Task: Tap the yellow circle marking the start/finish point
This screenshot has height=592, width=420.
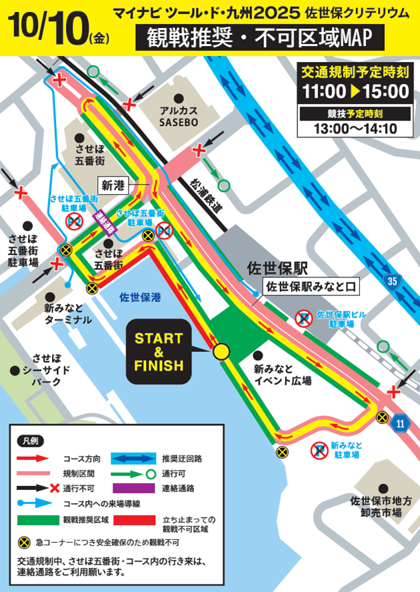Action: tap(221, 351)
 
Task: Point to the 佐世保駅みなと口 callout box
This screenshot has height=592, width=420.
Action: tap(312, 287)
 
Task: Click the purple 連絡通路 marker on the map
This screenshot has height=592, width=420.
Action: tap(103, 221)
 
